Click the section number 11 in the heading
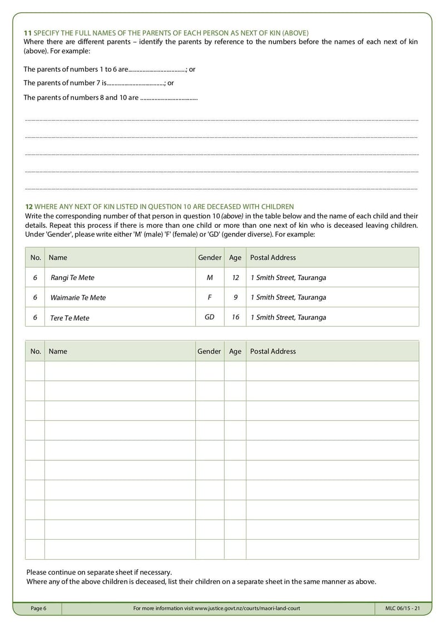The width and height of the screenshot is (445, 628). pyautogui.click(x=27, y=33)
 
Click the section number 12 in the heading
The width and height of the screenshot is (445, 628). pyautogui.click(x=28, y=207)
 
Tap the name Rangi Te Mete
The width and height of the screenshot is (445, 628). pyautogui.click(x=68, y=277)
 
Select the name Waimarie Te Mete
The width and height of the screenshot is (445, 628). pyautogui.click(x=78, y=297)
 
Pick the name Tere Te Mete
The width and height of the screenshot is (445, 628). pyautogui.click(x=70, y=318)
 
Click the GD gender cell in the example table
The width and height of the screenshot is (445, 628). pyautogui.click(x=210, y=317)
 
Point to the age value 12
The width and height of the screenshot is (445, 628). pyautogui.click(x=235, y=277)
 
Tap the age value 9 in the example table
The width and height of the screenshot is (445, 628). pyautogui.click(x=235, y=297)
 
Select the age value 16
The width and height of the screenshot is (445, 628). pyautogui.click(x=235, y=317)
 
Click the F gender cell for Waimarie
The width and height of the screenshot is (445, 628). pyautogui.click(x=210, y=297)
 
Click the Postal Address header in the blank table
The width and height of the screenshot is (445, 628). pyautogui.click(x=273, y=351)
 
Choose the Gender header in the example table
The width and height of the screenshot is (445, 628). pyautogui.click(x=209, y=257)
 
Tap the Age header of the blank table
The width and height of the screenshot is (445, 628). pyautogui.click(x=235, y=351)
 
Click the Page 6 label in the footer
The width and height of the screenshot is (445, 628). pyautogui.click(x=38, y=609)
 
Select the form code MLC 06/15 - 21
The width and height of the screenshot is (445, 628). pyautogui.click(x=402, y=609)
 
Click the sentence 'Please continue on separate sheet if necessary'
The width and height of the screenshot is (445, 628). pyautogui.click(x=99, y=572)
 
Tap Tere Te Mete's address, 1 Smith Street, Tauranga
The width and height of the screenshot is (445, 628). pyautogui.click(x=288, y=317)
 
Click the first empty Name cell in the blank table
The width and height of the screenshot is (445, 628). pyautogui.click(x=120, y=371)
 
